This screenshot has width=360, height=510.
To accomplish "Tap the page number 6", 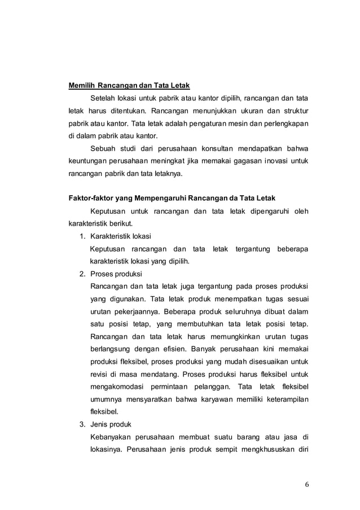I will pos(308,483).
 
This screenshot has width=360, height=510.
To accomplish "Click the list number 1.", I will pos(81,236).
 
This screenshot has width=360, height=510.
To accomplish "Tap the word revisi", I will pos(100,373).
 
